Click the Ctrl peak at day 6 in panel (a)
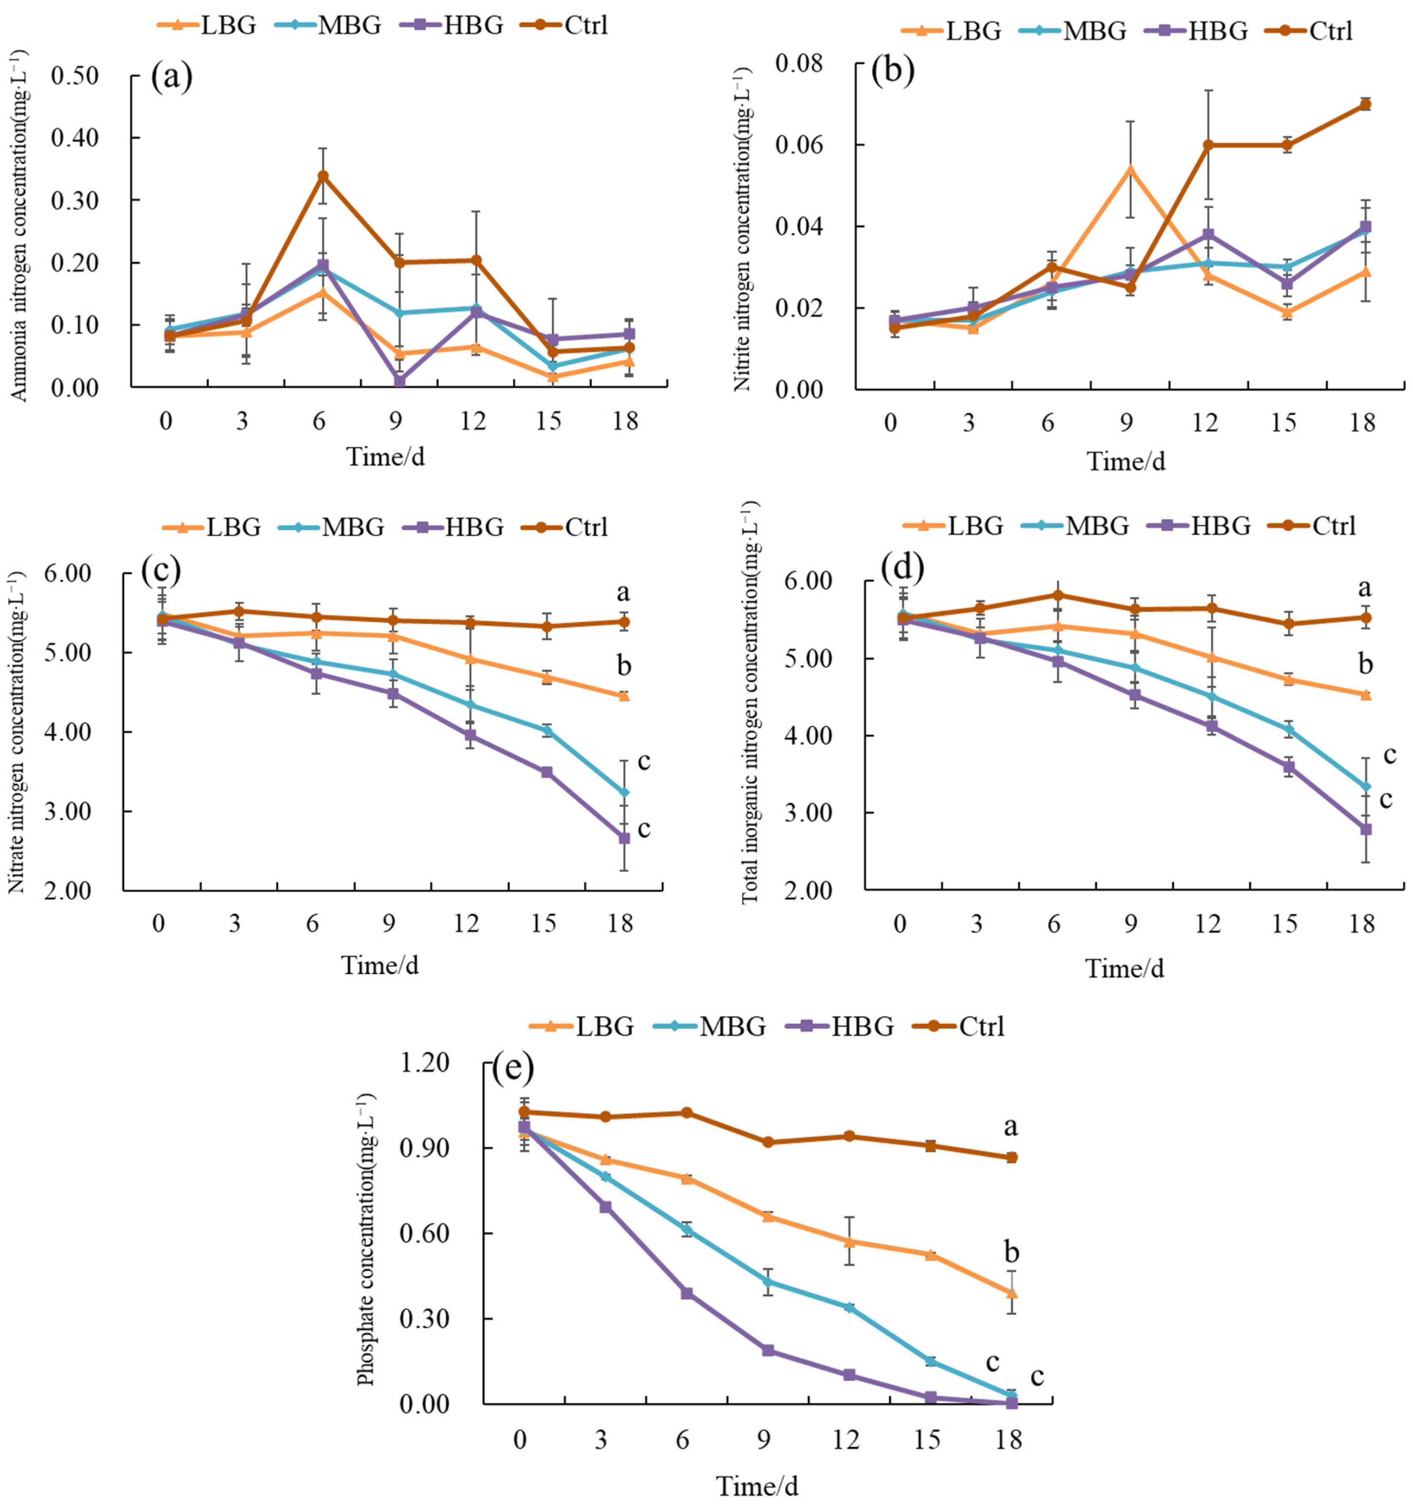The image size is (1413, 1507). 323,176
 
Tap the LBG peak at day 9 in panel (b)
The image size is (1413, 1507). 1129,169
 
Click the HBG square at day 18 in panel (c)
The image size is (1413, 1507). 624,838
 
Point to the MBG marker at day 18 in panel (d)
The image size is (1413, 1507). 1365,787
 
